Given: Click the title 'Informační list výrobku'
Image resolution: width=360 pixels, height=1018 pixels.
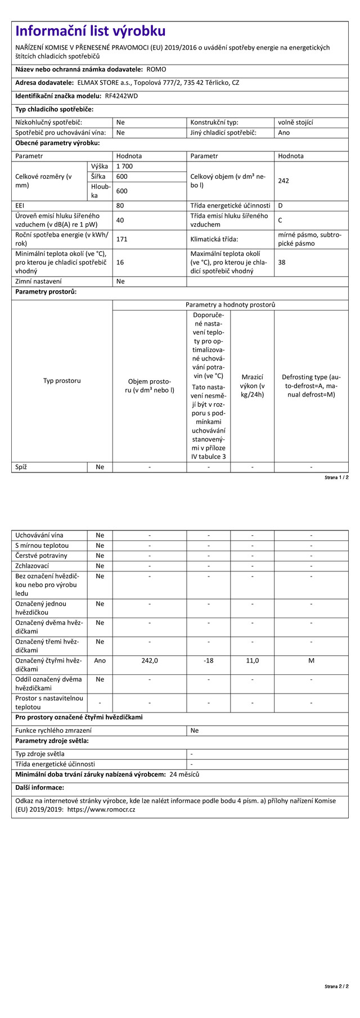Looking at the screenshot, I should coord(91,31).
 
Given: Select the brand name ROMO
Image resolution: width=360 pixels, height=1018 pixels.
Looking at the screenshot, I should coord(156,70).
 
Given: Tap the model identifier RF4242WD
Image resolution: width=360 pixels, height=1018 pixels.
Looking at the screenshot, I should coord(121,96).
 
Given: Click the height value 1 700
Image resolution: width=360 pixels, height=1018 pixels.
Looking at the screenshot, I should coord(125,166).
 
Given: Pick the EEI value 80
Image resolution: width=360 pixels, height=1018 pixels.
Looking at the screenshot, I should coord(120,206).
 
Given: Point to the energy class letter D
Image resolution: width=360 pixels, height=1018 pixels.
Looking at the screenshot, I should coord(280,206).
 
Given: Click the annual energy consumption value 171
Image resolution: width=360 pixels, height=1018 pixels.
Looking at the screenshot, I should coord(122,239).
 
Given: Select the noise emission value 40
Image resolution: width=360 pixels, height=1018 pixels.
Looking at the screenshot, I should coord(120,220).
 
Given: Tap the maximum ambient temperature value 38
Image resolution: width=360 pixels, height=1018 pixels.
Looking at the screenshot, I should coord(282,262).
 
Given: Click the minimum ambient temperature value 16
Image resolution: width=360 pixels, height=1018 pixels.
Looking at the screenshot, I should coord(120,262).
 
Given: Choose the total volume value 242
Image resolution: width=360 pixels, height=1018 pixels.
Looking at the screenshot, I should coord(283,181).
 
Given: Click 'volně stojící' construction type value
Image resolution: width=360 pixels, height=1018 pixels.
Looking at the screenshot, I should coord(295,122).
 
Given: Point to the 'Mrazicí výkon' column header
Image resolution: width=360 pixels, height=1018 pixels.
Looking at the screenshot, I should coord(253,385).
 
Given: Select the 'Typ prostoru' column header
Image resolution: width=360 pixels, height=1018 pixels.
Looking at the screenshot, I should coord(62,381).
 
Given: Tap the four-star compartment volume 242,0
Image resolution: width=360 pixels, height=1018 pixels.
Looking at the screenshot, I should coord(150,660).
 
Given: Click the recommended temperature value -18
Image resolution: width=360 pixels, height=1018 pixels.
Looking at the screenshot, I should coord(208,660).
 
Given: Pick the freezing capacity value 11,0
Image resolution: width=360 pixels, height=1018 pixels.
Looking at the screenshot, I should coord(253,660).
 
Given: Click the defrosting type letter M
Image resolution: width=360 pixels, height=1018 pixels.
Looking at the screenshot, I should coord(311,660).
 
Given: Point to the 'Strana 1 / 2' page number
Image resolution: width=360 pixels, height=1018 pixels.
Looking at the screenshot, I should coord(336,478).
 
